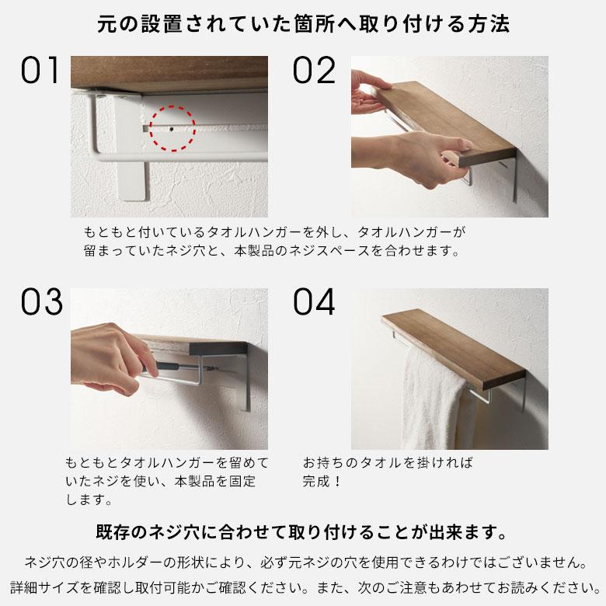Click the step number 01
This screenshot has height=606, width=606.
pos(41,71)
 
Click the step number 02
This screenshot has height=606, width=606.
pos(313,71)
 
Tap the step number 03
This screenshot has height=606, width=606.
pos(41,303)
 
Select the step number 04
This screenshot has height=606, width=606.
pos(314,303)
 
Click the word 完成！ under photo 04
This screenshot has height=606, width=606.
pos(322,482)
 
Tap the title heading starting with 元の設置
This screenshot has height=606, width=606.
pos(303,23)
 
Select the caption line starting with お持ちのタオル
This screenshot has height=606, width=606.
pos(388,463)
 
